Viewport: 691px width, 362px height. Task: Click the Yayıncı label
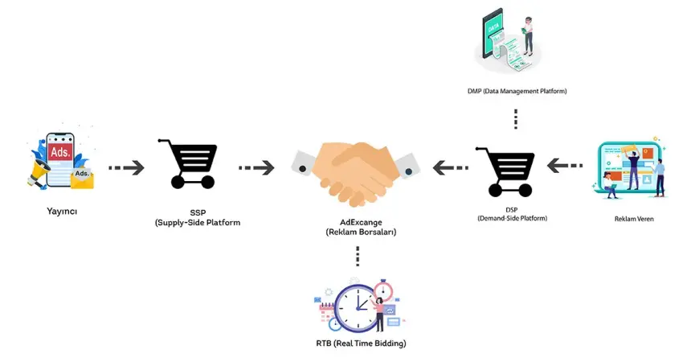pyautogui.click(x=61, y=212)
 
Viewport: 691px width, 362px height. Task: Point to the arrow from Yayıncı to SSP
pyautogui.click(x=126, y=167)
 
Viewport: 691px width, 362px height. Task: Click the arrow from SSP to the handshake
pyautogui.click(x=256, y=167)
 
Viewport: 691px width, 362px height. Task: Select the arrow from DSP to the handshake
pyautogui.click(x=450, y=167)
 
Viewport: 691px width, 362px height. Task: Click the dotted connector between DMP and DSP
pyautogui.click(x=516, y=118)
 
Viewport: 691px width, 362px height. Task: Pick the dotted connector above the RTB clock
pyautogui.click(x=357, y=257)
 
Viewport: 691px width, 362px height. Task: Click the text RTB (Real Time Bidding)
pyautogui.click(x=361, y=343)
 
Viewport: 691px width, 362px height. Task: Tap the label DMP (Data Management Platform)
pyautogui.click(x=517, y=92)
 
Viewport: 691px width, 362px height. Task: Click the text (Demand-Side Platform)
pyautogui.click(x=511, y=218)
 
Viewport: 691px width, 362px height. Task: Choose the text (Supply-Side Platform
pyautogui.click(x=198, y=222)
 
